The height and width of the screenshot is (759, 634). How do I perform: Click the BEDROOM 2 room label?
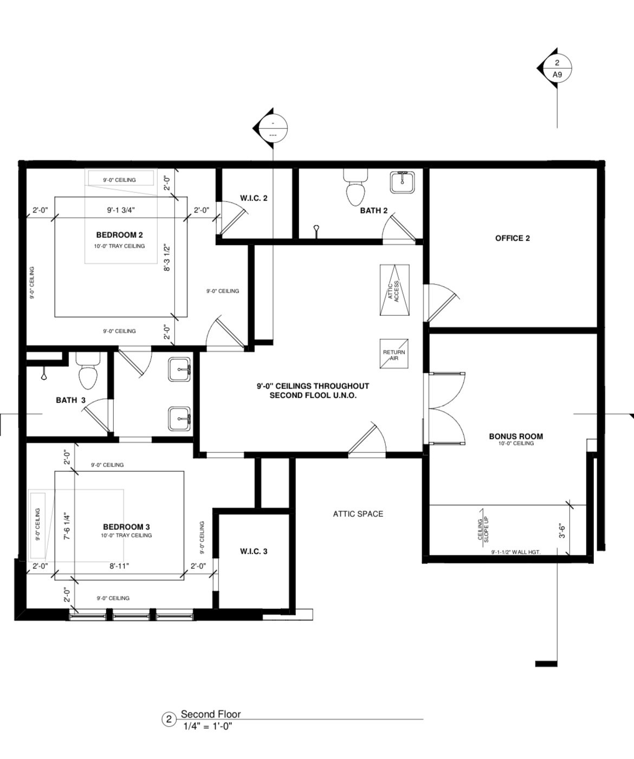tap(119, 235)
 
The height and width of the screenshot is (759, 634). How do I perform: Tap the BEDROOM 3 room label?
tap(126, 527)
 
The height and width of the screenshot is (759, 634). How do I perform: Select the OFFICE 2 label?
tap(512, 238)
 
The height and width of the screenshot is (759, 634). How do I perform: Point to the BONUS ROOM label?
tap(515, 436)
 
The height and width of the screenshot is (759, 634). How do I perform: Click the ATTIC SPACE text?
tap(358, 514)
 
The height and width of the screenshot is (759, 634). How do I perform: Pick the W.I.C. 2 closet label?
tap(254, 198)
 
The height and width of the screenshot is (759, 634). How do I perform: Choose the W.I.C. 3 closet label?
tap(254, 552)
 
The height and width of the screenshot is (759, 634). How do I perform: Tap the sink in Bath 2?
tap(403, 182)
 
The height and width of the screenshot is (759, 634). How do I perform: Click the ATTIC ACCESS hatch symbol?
tap(394, 290)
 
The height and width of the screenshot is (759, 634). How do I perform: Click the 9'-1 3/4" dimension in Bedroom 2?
tap(120, 210)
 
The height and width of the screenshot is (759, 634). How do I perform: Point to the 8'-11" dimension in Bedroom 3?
tap(119, 566)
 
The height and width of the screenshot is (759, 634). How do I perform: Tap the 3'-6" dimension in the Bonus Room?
tap(562, 529)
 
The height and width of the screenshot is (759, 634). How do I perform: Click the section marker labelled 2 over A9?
tap(557, 69)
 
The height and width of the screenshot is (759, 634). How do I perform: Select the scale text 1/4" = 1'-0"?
tap(208, 726)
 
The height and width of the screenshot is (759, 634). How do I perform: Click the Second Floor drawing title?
tap(210, 714)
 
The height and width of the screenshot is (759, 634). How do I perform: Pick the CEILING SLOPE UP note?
tap(482, 529)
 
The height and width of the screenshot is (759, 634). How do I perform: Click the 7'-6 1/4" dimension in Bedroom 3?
tap(67, 527)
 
